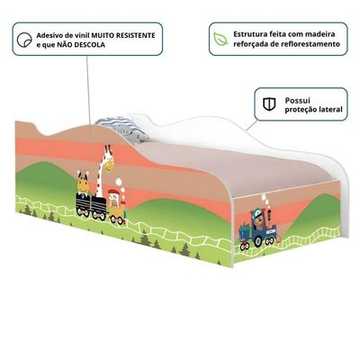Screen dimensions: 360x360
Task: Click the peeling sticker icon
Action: click(x=24, y=40)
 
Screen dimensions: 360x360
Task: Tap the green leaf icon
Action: click(x=220, y=39)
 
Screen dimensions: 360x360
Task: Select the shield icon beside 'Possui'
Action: click(x=269, y=104)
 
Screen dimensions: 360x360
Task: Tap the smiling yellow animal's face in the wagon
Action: click(x=83, y=184)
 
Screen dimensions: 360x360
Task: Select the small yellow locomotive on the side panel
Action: click(x=117, y=207)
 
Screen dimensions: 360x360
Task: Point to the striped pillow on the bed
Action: click(x=121, y=129)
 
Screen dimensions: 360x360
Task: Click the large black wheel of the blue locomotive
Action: click(x=258, y=241)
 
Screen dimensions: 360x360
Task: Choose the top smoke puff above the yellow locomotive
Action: click(x=119, y=181)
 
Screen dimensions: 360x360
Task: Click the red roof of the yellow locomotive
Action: click(x=114, y=192)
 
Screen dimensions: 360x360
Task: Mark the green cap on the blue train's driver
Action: click(x=256, y=212)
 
